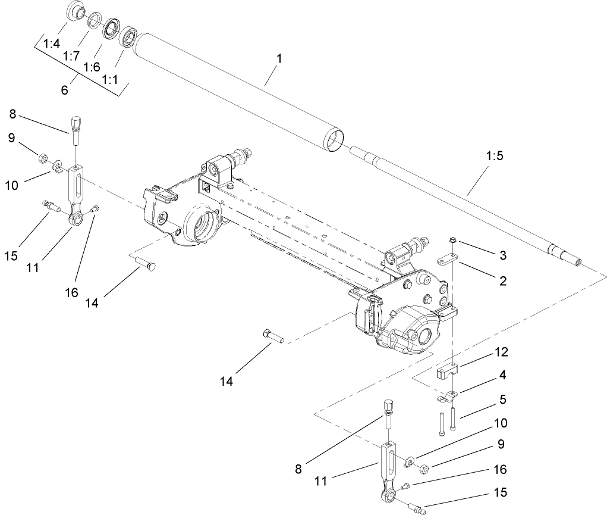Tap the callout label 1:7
point(72,55)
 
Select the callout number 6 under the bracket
point(64,90)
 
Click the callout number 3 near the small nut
point(503,255)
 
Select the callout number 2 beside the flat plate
point(503,280)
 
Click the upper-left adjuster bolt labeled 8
point(76,126)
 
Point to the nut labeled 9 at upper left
point(43,158)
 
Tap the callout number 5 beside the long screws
point(502,399)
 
